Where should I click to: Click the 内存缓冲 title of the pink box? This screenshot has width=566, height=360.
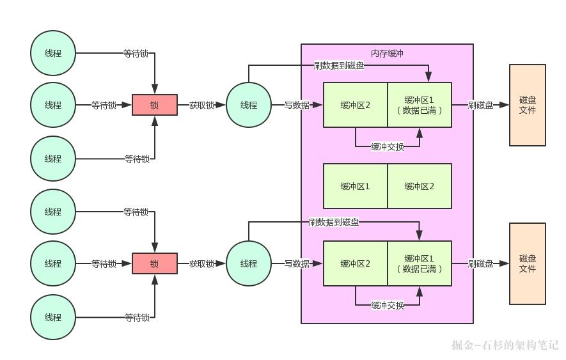click(x=387, y=53)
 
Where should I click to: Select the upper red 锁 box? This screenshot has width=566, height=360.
click(x=154, y=105)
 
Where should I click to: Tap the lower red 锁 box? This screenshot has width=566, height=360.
click(x=154, y=263)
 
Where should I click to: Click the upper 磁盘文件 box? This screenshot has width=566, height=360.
click(x=528, y=105)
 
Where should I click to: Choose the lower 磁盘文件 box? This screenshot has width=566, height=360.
click(x=528, y=263)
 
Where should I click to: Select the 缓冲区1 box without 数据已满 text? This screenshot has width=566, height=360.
click(x=356, y=186)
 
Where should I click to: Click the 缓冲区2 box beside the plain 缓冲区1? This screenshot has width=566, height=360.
click(x=420, y=186)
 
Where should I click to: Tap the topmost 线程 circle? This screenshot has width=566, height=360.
click(x=53, y=54)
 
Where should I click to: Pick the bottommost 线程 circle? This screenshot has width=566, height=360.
click(x=53, y=317)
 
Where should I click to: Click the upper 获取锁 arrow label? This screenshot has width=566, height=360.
click(x=201, y=105)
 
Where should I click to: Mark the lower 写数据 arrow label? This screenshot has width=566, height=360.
click(x=297, y=263)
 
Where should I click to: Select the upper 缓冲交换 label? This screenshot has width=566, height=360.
click(x=388, y=146)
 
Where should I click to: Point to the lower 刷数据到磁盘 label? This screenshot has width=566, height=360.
click(x=333, y=223)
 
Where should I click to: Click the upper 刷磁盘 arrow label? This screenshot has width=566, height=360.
click(x=480, y=105)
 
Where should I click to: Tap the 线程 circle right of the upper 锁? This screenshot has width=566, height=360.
click(x=249, y=105)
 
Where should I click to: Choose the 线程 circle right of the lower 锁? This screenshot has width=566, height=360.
click(x=249, y=263)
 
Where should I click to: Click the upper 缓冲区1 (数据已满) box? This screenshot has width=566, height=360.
click(x=420, y=105)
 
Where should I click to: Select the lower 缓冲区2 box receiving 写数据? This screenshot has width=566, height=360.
click(x=356, y=263)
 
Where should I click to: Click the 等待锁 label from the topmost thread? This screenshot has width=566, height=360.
click(x=136, y=54)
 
